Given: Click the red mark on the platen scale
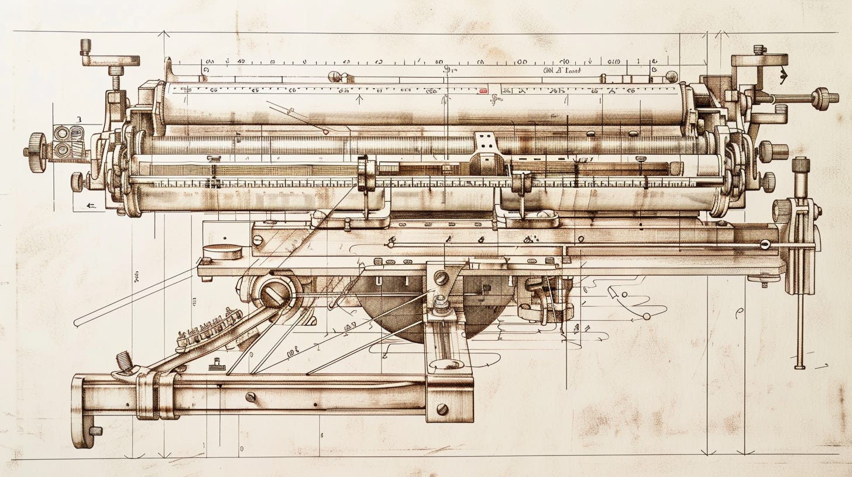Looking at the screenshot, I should pyautogui.click(x=483, y=91).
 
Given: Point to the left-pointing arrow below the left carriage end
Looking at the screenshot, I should pyautogui.click(x=90, y=205).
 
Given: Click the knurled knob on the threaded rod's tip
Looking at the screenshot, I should pyautogui.click(x=823, y=98).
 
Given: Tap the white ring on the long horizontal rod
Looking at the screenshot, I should pyautogui.click(x=765, y=244).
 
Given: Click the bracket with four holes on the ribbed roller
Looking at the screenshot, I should pyautogui.click(x=484, y=140).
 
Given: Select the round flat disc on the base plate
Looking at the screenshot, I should pyautogui.click(x=222, y=251).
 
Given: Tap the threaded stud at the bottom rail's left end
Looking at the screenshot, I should pyautogui.click(x=125, y=361).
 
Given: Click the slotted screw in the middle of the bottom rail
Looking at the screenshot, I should pyautogui.click(x=250, y=397).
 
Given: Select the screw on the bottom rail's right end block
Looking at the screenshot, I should pyautogui.click(x=442, y=409).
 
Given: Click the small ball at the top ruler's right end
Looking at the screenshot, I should pyautogui.click(x=672, y=76).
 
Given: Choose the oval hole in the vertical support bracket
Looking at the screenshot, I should pyautogui.click(x=447, y=364).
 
